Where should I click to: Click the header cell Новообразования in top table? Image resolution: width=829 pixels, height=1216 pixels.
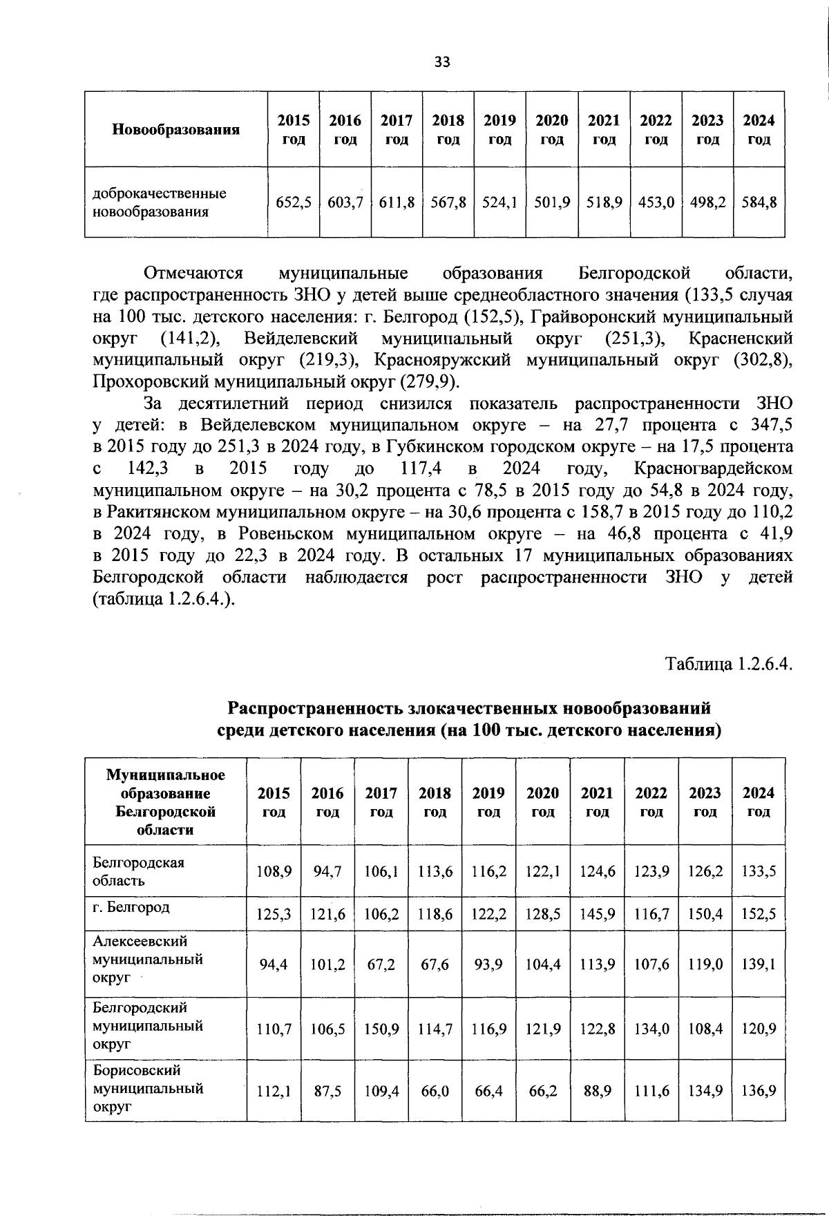(175, 129)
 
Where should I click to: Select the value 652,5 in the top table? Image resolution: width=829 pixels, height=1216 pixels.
(294, 202)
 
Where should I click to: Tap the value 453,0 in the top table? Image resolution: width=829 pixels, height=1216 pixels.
(656, 202)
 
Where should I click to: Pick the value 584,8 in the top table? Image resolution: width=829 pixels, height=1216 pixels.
(759, 202)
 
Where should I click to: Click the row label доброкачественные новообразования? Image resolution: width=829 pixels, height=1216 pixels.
(160, 202)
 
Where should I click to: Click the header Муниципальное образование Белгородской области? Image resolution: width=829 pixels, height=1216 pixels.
(166, 801)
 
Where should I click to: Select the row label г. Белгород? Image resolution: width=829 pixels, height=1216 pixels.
(131, 906)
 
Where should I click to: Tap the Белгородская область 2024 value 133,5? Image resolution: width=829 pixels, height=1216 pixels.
(759, 871)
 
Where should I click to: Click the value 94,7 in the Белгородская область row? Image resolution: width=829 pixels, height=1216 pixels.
(327, 871)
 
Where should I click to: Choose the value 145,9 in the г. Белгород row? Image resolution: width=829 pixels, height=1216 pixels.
(598, 914)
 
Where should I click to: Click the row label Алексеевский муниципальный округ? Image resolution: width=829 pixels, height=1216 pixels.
(147, 960)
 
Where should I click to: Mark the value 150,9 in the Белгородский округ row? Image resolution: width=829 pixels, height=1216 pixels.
(381, 1029)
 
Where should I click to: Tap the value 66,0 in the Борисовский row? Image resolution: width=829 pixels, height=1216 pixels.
(435, 1091)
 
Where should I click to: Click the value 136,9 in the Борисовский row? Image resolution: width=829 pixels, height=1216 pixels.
(759, 1091)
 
